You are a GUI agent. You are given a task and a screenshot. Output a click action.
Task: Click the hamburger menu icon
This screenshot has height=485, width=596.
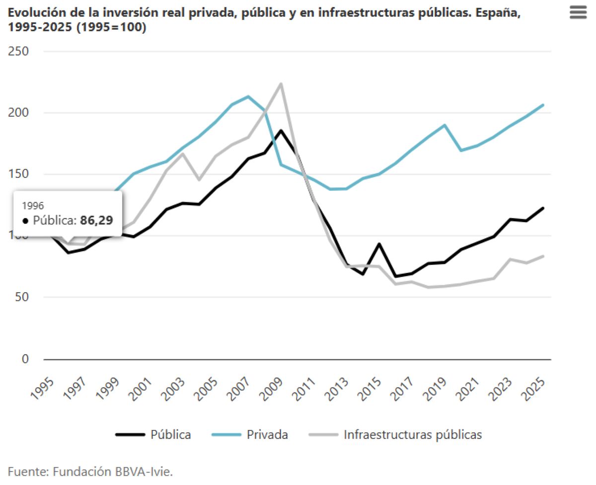578,12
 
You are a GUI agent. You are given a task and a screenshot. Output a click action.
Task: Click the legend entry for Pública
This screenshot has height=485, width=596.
170,434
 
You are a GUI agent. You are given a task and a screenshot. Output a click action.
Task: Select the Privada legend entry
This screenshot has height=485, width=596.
267,434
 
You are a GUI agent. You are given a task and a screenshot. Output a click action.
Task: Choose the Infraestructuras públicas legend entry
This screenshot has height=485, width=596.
412,434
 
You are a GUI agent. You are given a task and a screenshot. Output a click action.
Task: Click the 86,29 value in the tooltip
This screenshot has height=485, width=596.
97,220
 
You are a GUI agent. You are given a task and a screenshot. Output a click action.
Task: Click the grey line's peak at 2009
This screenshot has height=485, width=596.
281,83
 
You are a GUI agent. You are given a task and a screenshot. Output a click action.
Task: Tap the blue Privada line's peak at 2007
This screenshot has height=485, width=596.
248,96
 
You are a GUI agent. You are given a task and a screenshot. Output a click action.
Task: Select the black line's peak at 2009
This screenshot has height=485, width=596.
281,131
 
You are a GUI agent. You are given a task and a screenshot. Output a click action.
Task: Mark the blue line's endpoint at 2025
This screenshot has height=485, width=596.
543,105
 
